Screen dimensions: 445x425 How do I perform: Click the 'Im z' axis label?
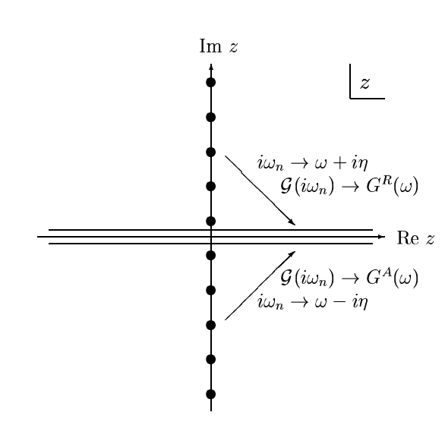pos(219,46)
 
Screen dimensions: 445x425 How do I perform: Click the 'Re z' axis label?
pos(415,238)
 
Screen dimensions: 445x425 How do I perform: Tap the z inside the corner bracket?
pos(365,83)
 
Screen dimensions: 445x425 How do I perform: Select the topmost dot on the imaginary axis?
pos(211,82)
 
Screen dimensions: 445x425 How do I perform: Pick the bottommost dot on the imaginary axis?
pos(211,394)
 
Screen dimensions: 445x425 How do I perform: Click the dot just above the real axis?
pos(211,221)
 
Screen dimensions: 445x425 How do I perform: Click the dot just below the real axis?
pos(211,255)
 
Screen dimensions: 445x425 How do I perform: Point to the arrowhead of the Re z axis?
pos(382,237)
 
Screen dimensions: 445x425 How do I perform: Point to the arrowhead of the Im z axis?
pos(211,67)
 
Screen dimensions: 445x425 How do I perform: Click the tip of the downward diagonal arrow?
pos(295,225)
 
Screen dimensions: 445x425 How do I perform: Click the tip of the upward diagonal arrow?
pos(295,251)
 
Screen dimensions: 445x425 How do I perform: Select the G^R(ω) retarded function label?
pos(392,186)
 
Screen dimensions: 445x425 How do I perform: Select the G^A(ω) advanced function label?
pos(392,277)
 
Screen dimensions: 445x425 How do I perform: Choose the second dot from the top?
pos(211,117)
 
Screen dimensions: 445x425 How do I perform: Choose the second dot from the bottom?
pos(211,359)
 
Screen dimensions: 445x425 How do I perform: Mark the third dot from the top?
pos(211,152)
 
